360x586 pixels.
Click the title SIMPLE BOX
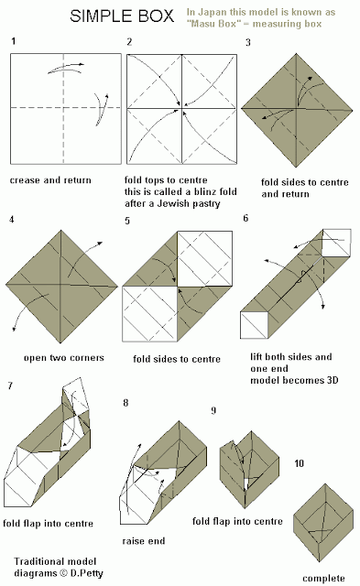tap(122, 16)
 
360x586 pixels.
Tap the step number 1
tap(13, 40)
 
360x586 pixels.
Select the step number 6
tap(245, 218)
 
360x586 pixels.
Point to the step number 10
tap(299, 463)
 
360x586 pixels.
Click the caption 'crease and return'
tap(50, 180)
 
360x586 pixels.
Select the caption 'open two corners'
tap(64, 358)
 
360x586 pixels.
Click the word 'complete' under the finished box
tap(323, 579)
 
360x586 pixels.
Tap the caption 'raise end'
tap(144, 541)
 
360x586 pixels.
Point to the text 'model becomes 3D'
tap(294, 381)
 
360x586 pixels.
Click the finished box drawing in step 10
tap(323, 523)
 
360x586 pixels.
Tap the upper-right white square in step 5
tap(205, 258)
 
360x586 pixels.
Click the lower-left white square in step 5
tap(149, 314)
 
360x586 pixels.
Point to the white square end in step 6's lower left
tap(255, 325)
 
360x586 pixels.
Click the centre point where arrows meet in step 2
tap(182, 109)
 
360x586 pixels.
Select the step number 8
tap(125, 403)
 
